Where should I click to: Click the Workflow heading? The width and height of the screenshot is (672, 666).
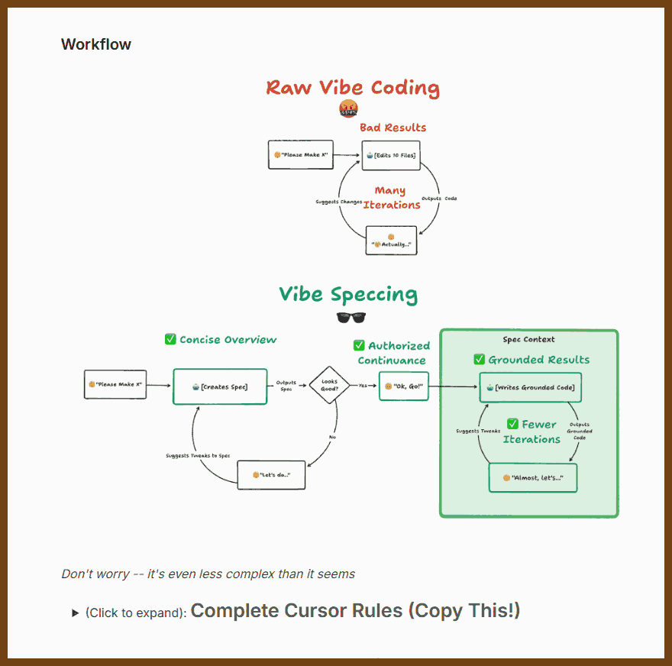click(x=96, y=44)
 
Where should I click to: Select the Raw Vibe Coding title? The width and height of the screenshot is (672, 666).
click(x=353, y=88)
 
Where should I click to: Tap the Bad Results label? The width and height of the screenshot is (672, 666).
click(x=393, y=128)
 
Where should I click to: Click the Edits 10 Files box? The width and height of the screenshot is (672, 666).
click(x=391, y=155)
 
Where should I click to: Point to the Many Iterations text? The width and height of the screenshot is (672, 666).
click(x=391, y=198)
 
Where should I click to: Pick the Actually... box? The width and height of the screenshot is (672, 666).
click(x=391, y=241)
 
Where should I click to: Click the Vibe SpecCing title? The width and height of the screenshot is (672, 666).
click(x=348, y=295)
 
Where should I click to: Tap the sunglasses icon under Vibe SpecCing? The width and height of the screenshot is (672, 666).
click(x=347, y=317)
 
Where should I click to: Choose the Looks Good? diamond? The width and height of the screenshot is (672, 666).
click(x=328, y=385)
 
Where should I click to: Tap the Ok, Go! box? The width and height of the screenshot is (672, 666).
click(x=404, y=386)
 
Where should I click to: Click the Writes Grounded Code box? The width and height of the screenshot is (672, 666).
click(x=530, y=388)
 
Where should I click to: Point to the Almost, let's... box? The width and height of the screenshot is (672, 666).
click(x=532, y=477)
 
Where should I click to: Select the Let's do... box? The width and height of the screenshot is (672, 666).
click(x=271, y=474)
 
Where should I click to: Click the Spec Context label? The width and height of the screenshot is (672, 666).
click(x=528, y=339)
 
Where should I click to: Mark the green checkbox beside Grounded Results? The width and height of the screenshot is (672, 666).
click(x=479, y=359)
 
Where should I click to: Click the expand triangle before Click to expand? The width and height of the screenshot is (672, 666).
click(x=75, y=613)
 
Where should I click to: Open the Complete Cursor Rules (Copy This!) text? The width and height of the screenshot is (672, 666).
click(x=355, y=611)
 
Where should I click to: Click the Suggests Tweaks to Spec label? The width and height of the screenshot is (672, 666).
click(x=198, y=456)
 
